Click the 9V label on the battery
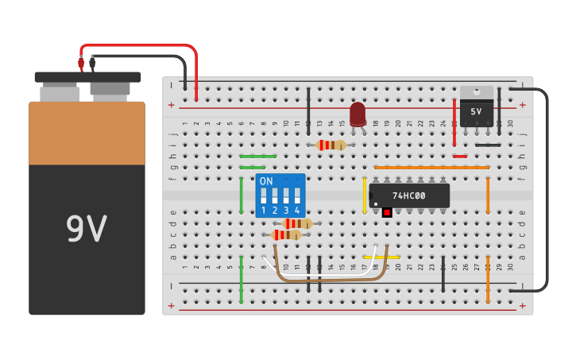click(x=86, y=230)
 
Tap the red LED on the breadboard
click(x=358, y=114)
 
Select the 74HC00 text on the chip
click(x=408, y=195)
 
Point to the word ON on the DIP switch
click(x=266, y=181)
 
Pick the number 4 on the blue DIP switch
click(x=297, y=211)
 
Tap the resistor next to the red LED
click(x=331, y=145)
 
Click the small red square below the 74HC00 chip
click(x=387, y=212)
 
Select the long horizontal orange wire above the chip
click(x=431, y=168)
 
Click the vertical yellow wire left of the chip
click(x=365, y=195)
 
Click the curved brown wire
click(x=330, y=279)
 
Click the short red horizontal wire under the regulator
click(x=459, y=157)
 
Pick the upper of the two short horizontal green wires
click(x=257, y=157)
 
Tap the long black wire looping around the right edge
click(x=547, y=191)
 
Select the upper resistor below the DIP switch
click(x=297, y=223)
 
